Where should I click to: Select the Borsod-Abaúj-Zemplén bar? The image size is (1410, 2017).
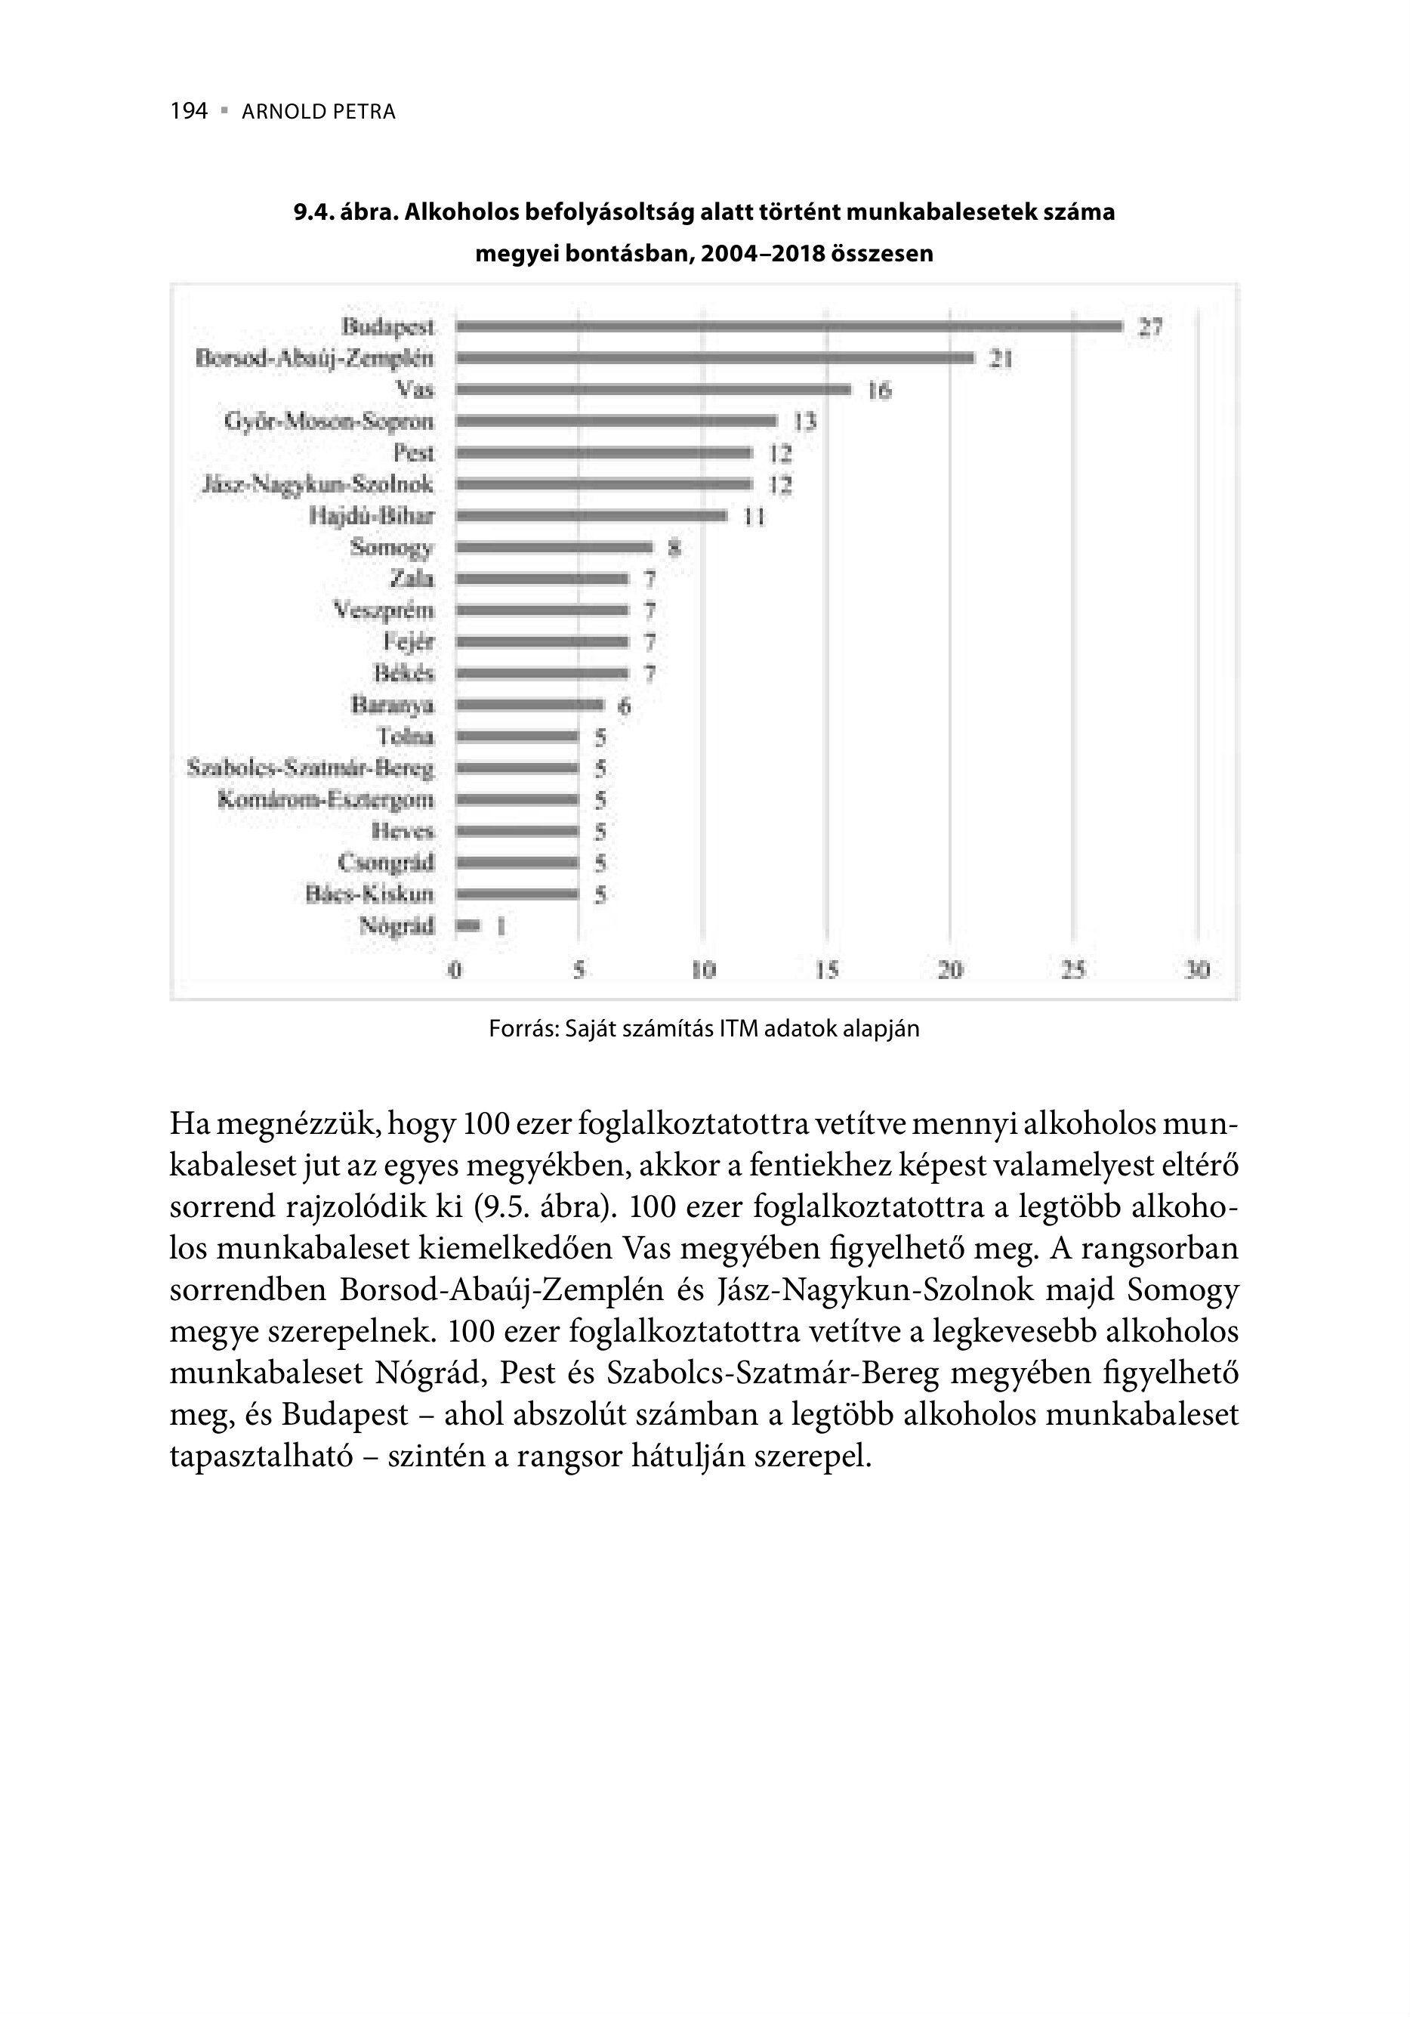coord(715,358)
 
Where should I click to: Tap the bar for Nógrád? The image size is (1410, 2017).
coord(468,926)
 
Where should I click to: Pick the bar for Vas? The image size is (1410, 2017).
coord(653,390)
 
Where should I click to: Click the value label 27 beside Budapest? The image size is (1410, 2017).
coord(1150,328)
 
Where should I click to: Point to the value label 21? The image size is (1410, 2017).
coord(1001,360)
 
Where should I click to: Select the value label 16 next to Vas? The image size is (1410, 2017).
coord(879,391)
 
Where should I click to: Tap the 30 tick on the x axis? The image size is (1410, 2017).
coord(1197,971)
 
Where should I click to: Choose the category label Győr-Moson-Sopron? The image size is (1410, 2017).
coord(329,422)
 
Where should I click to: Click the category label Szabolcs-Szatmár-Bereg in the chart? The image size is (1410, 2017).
coord(311,769)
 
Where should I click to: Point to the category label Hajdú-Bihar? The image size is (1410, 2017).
coord(372,517)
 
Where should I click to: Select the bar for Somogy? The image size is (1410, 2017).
coord(554,547)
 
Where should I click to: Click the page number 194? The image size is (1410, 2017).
coord(189,112)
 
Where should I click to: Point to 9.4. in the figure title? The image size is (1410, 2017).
coord(313,212)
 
